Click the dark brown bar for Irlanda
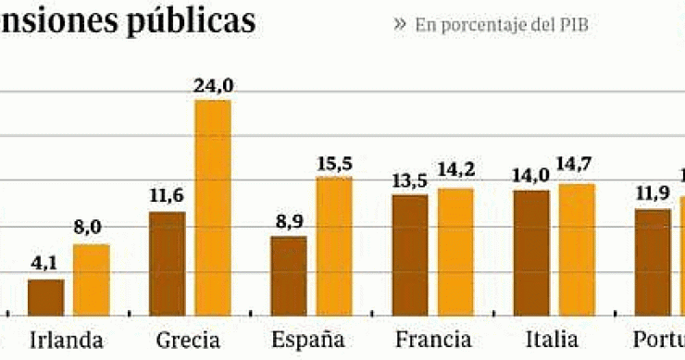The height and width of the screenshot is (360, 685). point(45,297)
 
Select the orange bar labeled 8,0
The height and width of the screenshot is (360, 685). point(92,279)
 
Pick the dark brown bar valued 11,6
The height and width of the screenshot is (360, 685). point(167,264)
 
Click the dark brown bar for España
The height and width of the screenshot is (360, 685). point(288,276)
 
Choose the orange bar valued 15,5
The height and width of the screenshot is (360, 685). point(334,245)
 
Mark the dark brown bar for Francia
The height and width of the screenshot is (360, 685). point(409,254)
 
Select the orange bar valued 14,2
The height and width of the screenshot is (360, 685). point(455,252)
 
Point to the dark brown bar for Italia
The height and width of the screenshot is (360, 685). point(530,253)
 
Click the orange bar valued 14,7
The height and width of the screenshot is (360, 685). point(577,249)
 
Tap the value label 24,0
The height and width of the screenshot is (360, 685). point(214,85)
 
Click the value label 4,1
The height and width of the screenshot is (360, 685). point(45,263)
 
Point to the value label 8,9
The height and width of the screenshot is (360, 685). point(288,220)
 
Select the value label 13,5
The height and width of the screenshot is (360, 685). point(409,179)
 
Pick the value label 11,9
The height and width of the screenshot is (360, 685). point(653,193)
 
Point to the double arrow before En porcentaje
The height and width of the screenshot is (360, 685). point(399,23)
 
